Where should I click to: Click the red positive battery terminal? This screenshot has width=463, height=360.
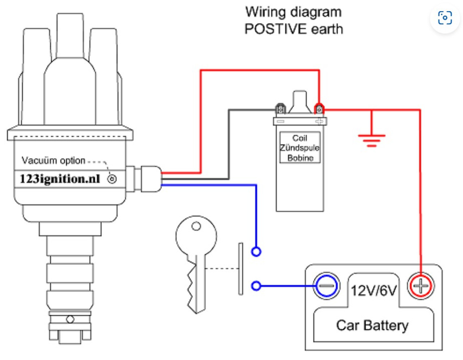[421, 286]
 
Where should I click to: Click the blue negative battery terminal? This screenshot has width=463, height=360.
[326, 286]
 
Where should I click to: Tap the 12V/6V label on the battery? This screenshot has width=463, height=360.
[373, 290]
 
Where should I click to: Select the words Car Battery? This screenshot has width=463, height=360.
[372, 325]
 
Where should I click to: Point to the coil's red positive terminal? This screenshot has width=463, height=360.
[319, 109]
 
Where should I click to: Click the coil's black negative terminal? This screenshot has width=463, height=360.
[280, 109]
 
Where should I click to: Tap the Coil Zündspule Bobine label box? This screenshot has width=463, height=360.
[300, 148]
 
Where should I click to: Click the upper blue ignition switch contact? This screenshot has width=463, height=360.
[256, 252]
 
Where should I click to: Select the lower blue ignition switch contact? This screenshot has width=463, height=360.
[256, 286]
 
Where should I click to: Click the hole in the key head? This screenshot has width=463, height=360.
[196, 227]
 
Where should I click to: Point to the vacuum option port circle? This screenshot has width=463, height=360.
[112, 179]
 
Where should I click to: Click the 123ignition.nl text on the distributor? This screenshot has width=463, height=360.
[60, 179]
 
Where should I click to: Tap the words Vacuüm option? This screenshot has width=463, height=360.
[54, 160]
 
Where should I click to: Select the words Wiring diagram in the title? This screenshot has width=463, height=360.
[293, 12]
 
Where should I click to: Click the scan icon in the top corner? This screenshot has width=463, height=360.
[445, 18]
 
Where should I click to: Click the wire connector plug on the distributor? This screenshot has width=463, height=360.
[150, 179]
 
